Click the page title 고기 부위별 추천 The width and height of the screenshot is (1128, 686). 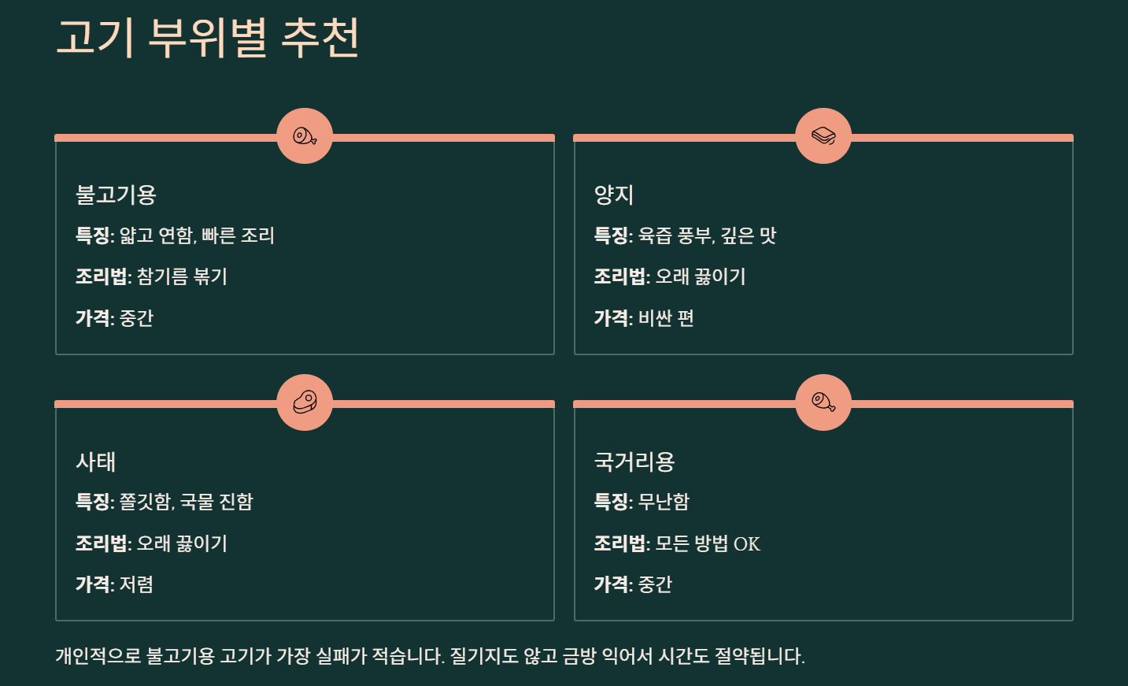[208, 37]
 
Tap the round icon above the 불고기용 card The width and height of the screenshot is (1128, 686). [305, 136]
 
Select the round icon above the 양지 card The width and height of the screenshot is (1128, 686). [823, 136]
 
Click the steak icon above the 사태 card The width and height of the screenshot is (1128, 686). [305, 402]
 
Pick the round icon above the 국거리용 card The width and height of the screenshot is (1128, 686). [823, 402]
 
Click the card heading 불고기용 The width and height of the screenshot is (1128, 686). [116, 195]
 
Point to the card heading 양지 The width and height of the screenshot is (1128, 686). [614, 195]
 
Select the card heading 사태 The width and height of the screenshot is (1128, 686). [95, 462]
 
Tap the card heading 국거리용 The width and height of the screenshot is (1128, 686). [634, 462]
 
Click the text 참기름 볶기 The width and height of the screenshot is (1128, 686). [182, 276]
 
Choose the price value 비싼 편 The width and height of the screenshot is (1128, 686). [666, 318]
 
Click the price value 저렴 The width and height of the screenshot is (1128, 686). [136, 584]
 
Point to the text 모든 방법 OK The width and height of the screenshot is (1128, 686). [708, 543]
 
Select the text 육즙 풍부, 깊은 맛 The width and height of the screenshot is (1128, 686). [707, 235]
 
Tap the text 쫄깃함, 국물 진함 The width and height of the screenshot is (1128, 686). [187, 502]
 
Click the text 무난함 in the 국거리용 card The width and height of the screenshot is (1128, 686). [664, 502]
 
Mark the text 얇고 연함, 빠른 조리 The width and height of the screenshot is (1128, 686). [197, 235]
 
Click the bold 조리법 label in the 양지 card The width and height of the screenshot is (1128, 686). [619, 276]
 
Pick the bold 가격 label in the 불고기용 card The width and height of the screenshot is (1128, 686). [93, 318]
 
